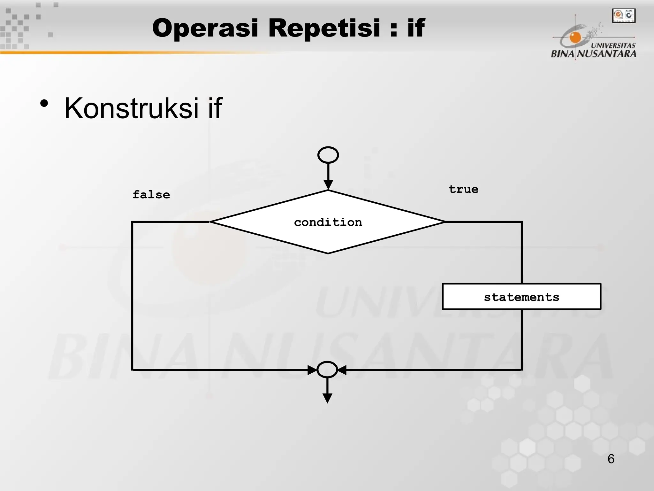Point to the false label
pyautogui.click(x=151, y=195)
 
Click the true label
pyautogui.click(x=463, y=189)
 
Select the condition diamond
pyautogui.click(x=328, y=222)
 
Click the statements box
pyautogui.click(x=521, y=297)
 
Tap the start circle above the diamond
pyautogui.click(x=328, y=155)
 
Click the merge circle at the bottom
pyautogui.click(x=327, y=370)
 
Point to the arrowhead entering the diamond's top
pyautogui.click(x=328, y=184)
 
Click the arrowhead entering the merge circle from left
pyautogui.click(x=312, y=370)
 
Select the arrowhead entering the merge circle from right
pyautogui.click(x=342, y=370)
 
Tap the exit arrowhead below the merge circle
pyautogui.click(x=327, y=398)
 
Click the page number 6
pyautogui.click(x=611, y=459)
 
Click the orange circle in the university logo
pyautogui.click(x=575, y=38)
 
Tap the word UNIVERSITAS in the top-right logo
pyautogui.click(x=613, y=45)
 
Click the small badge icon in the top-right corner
pyautogui.click(x=624, y=16)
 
